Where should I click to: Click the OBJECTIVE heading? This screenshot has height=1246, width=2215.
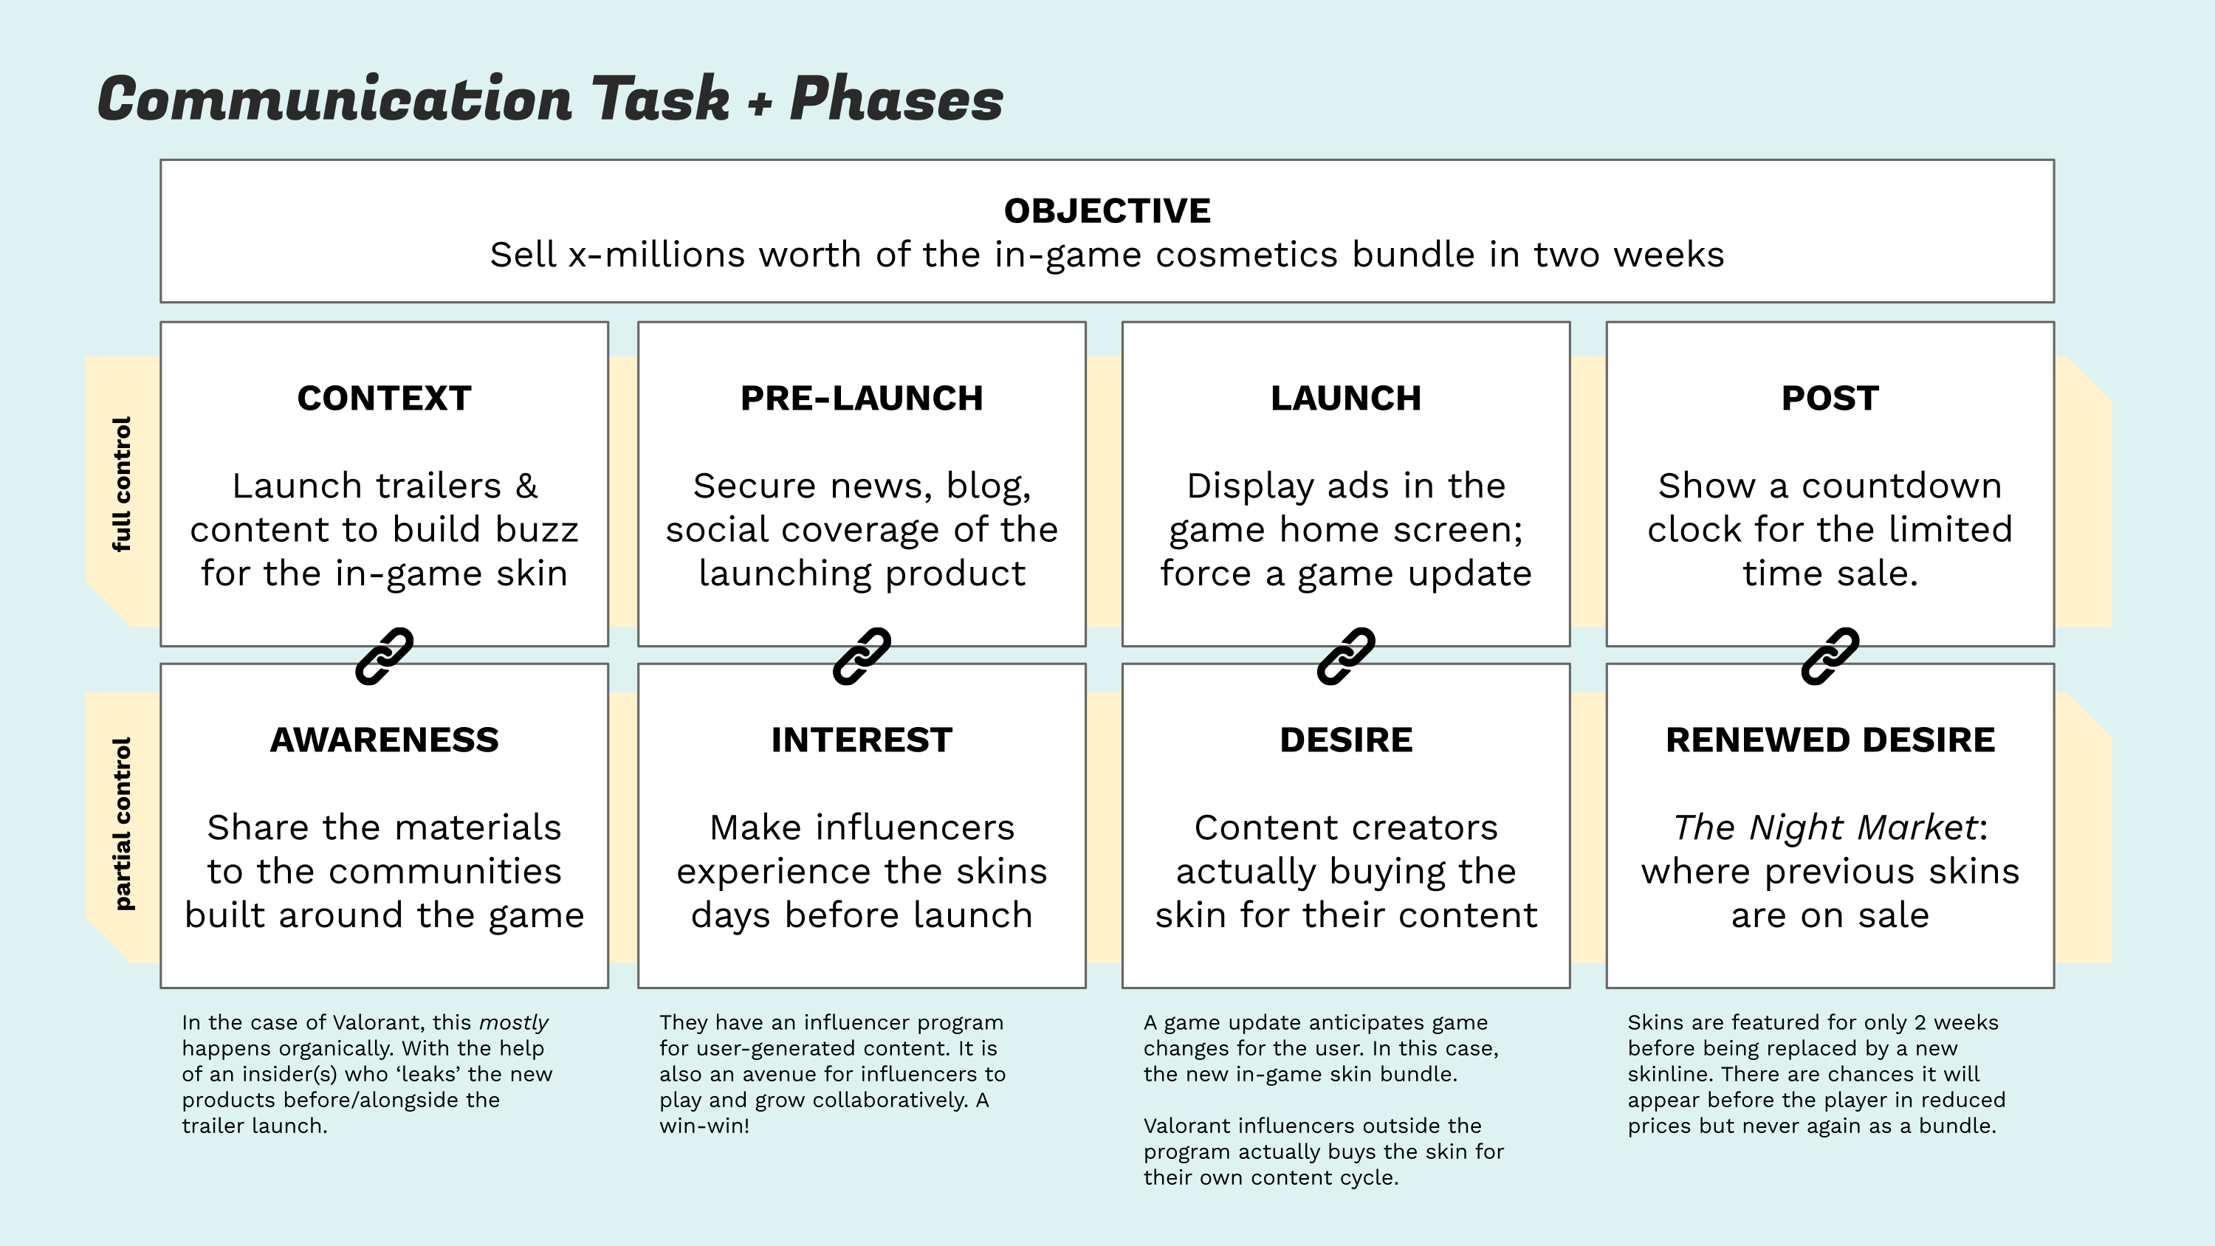click(1107, 210)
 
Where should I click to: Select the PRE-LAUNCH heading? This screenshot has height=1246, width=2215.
click(862, 398)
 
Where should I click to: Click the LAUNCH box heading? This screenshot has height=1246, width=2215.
click(1346, 398)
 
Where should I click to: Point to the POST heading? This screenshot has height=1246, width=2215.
click(1830, 398)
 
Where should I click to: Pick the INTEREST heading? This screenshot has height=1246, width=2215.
click(862, 740)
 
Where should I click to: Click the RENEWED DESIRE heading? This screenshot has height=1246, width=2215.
click(1830, 740)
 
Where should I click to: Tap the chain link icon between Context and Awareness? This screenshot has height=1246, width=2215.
click(385, 656)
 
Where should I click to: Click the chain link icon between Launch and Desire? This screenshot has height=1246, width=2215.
click(1346, 656)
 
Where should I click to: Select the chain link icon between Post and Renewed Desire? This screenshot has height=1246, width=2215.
click(1830, 656)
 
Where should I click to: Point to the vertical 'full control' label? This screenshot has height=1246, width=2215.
click(122, 484)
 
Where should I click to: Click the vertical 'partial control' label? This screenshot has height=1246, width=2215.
click(122, 823)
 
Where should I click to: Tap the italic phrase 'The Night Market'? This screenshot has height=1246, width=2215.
click(1825, 827)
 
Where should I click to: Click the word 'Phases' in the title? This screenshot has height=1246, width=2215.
click(896, 99)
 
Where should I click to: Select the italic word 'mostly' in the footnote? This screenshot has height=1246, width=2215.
click(513, 1023)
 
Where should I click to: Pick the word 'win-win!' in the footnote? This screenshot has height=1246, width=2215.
click(704, 1126)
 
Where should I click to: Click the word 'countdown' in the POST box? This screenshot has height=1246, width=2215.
click(1902, 486)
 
